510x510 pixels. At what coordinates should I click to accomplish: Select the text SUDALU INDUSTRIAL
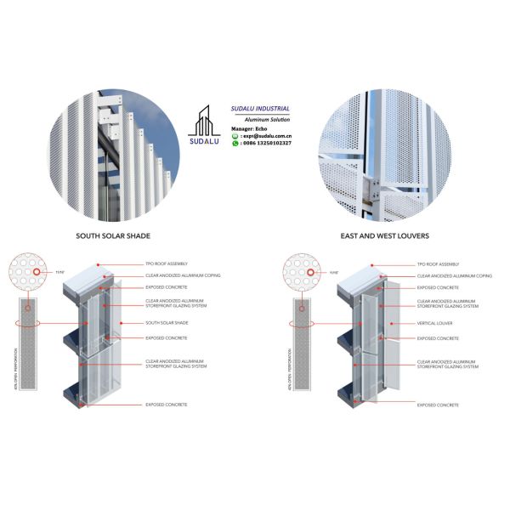point(261,109)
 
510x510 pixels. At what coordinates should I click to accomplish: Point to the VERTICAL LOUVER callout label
point(434,324)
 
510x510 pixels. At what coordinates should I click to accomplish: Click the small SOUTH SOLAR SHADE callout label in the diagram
point(165,324)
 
